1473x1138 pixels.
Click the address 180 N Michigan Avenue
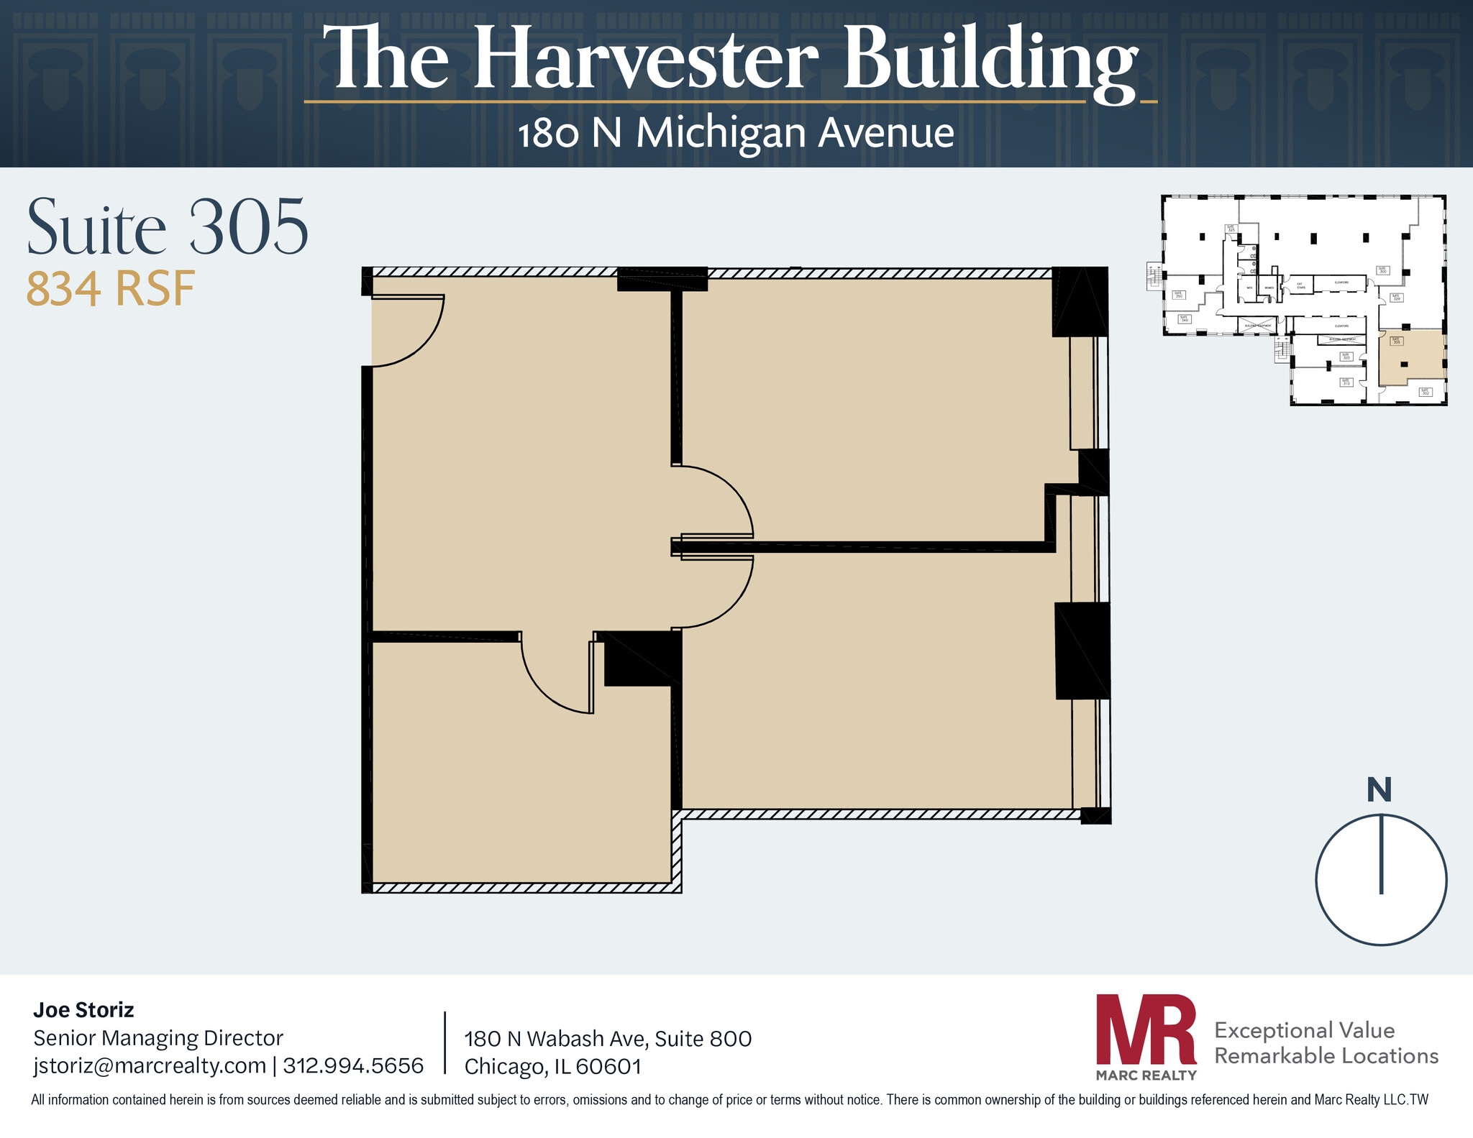coord(736,134)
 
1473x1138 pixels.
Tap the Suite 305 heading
coord(168,228)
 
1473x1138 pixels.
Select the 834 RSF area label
coord(110,289)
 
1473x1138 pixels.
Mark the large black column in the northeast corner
coord(1079,301)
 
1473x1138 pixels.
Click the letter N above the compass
coord(1379,790)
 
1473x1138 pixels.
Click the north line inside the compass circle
coord(1381,854)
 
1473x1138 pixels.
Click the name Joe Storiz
coord(83,1010)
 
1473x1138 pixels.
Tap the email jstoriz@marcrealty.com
coord(150,1065)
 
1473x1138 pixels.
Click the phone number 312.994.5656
coord(353,1065)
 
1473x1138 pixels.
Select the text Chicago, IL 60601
coord(552,1066)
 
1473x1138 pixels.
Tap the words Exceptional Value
coord(1304,1030)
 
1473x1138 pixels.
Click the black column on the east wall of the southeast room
coord(1082,651)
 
